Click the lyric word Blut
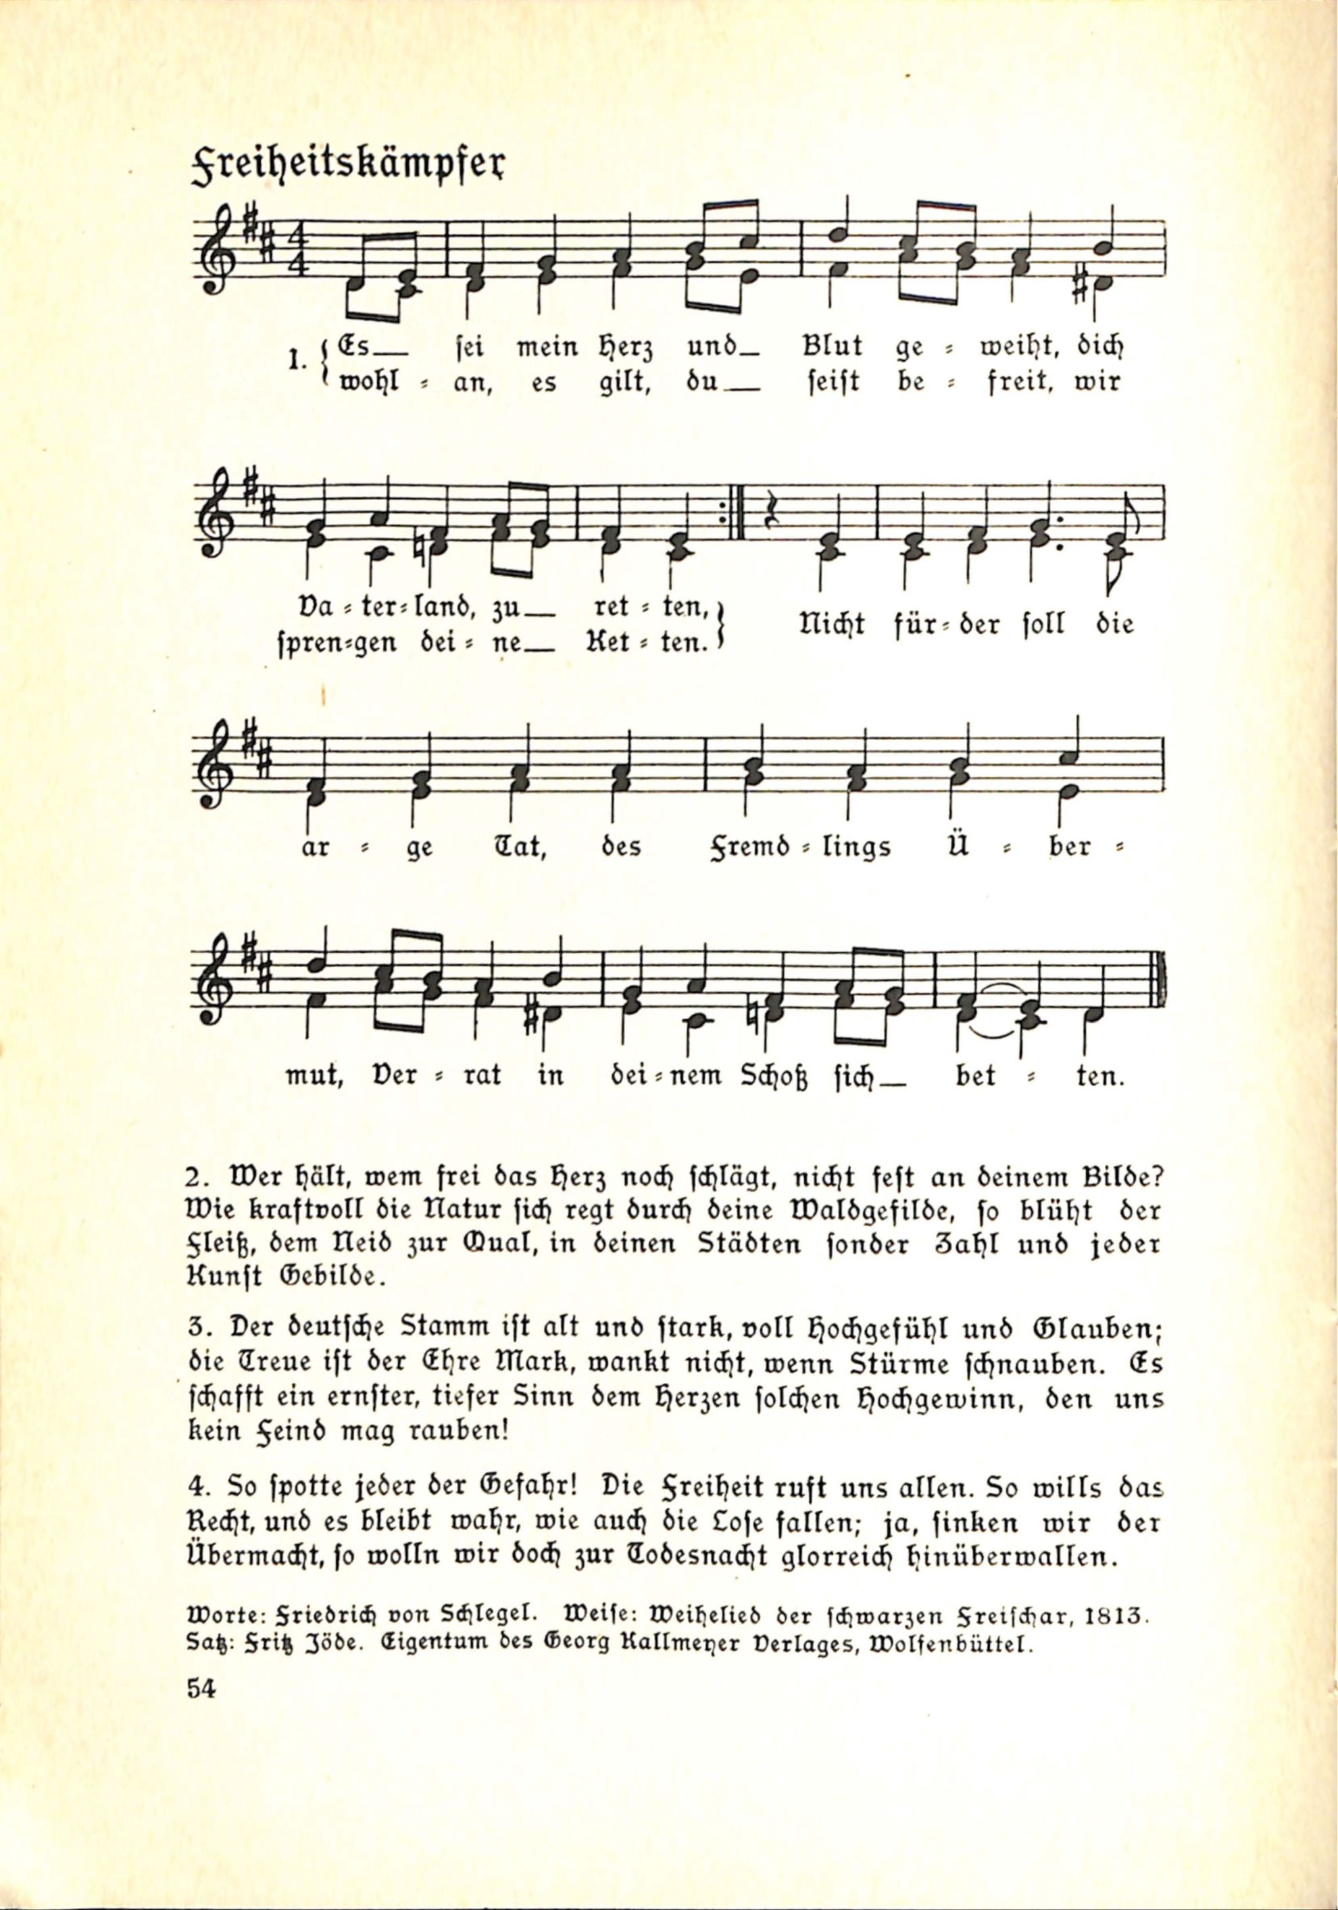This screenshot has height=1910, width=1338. click(832, 346)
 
